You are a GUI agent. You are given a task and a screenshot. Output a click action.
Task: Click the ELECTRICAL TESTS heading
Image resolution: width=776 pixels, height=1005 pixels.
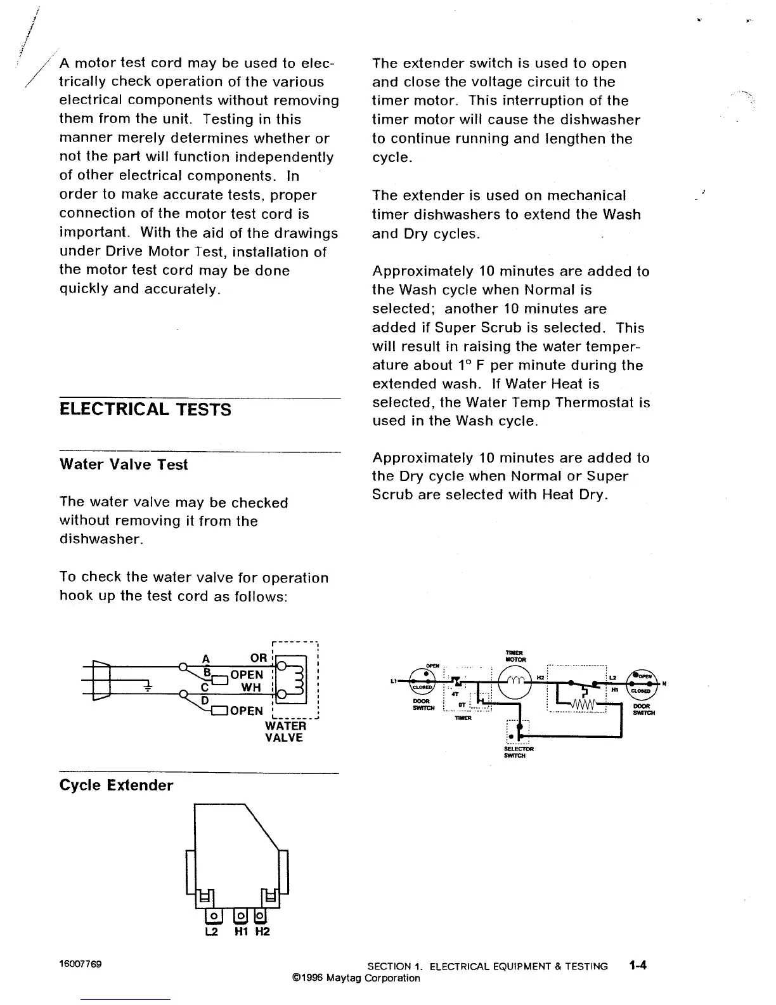[x=145, y=410]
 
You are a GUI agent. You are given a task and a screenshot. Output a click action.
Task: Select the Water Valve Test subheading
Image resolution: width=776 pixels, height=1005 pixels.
[x=124, y=465]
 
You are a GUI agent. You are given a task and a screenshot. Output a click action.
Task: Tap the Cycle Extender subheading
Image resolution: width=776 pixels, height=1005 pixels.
[x=116, y=785]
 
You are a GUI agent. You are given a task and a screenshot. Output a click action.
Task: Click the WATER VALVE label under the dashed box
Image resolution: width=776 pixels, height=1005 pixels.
[x=285, y=732]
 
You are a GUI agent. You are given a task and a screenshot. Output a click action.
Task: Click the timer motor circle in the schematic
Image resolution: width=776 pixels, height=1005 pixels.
[x=514, y=683]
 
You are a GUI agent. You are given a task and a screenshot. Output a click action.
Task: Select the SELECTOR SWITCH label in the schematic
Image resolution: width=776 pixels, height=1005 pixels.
[x=519, y=752]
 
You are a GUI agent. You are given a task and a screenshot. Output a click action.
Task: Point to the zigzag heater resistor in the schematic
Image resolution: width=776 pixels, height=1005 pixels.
[x=586, y=704]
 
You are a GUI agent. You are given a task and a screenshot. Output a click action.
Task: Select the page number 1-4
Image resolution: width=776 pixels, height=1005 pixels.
[x=638, y=966]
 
